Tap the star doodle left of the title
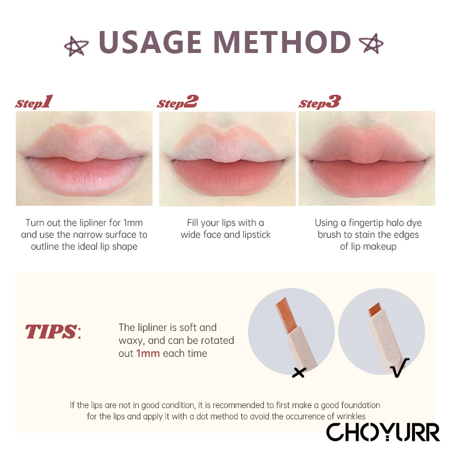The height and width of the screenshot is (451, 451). pyautogui.click(x=76, y=46)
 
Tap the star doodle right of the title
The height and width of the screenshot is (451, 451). pyautogui.click(x=372, y=44)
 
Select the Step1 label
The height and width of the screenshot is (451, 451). pyautogui.click(x=34, y=102)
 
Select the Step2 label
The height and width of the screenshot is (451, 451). pyautogui.click(x=178, y=102)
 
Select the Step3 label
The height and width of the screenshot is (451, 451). pyautogui.click(x=320, y=102)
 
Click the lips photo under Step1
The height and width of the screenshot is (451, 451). pyautogui.click(x=84, y=158)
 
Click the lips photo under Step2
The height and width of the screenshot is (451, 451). pyautogui.click(x=227, y=159)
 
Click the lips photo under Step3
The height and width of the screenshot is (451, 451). pyautogui.click(x=367, y=158)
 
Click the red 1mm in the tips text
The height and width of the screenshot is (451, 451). pyautogui.click(x=148, y=353)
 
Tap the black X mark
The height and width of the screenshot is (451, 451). pyautogui.click(x=299, y=373)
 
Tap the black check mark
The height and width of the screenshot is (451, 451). pyautogui.click(x=400, y=368)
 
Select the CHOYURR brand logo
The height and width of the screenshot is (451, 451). pyautogui.click(x=383, y=432)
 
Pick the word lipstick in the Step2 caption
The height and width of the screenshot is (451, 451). pyautogui.click(x=257, y=235)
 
